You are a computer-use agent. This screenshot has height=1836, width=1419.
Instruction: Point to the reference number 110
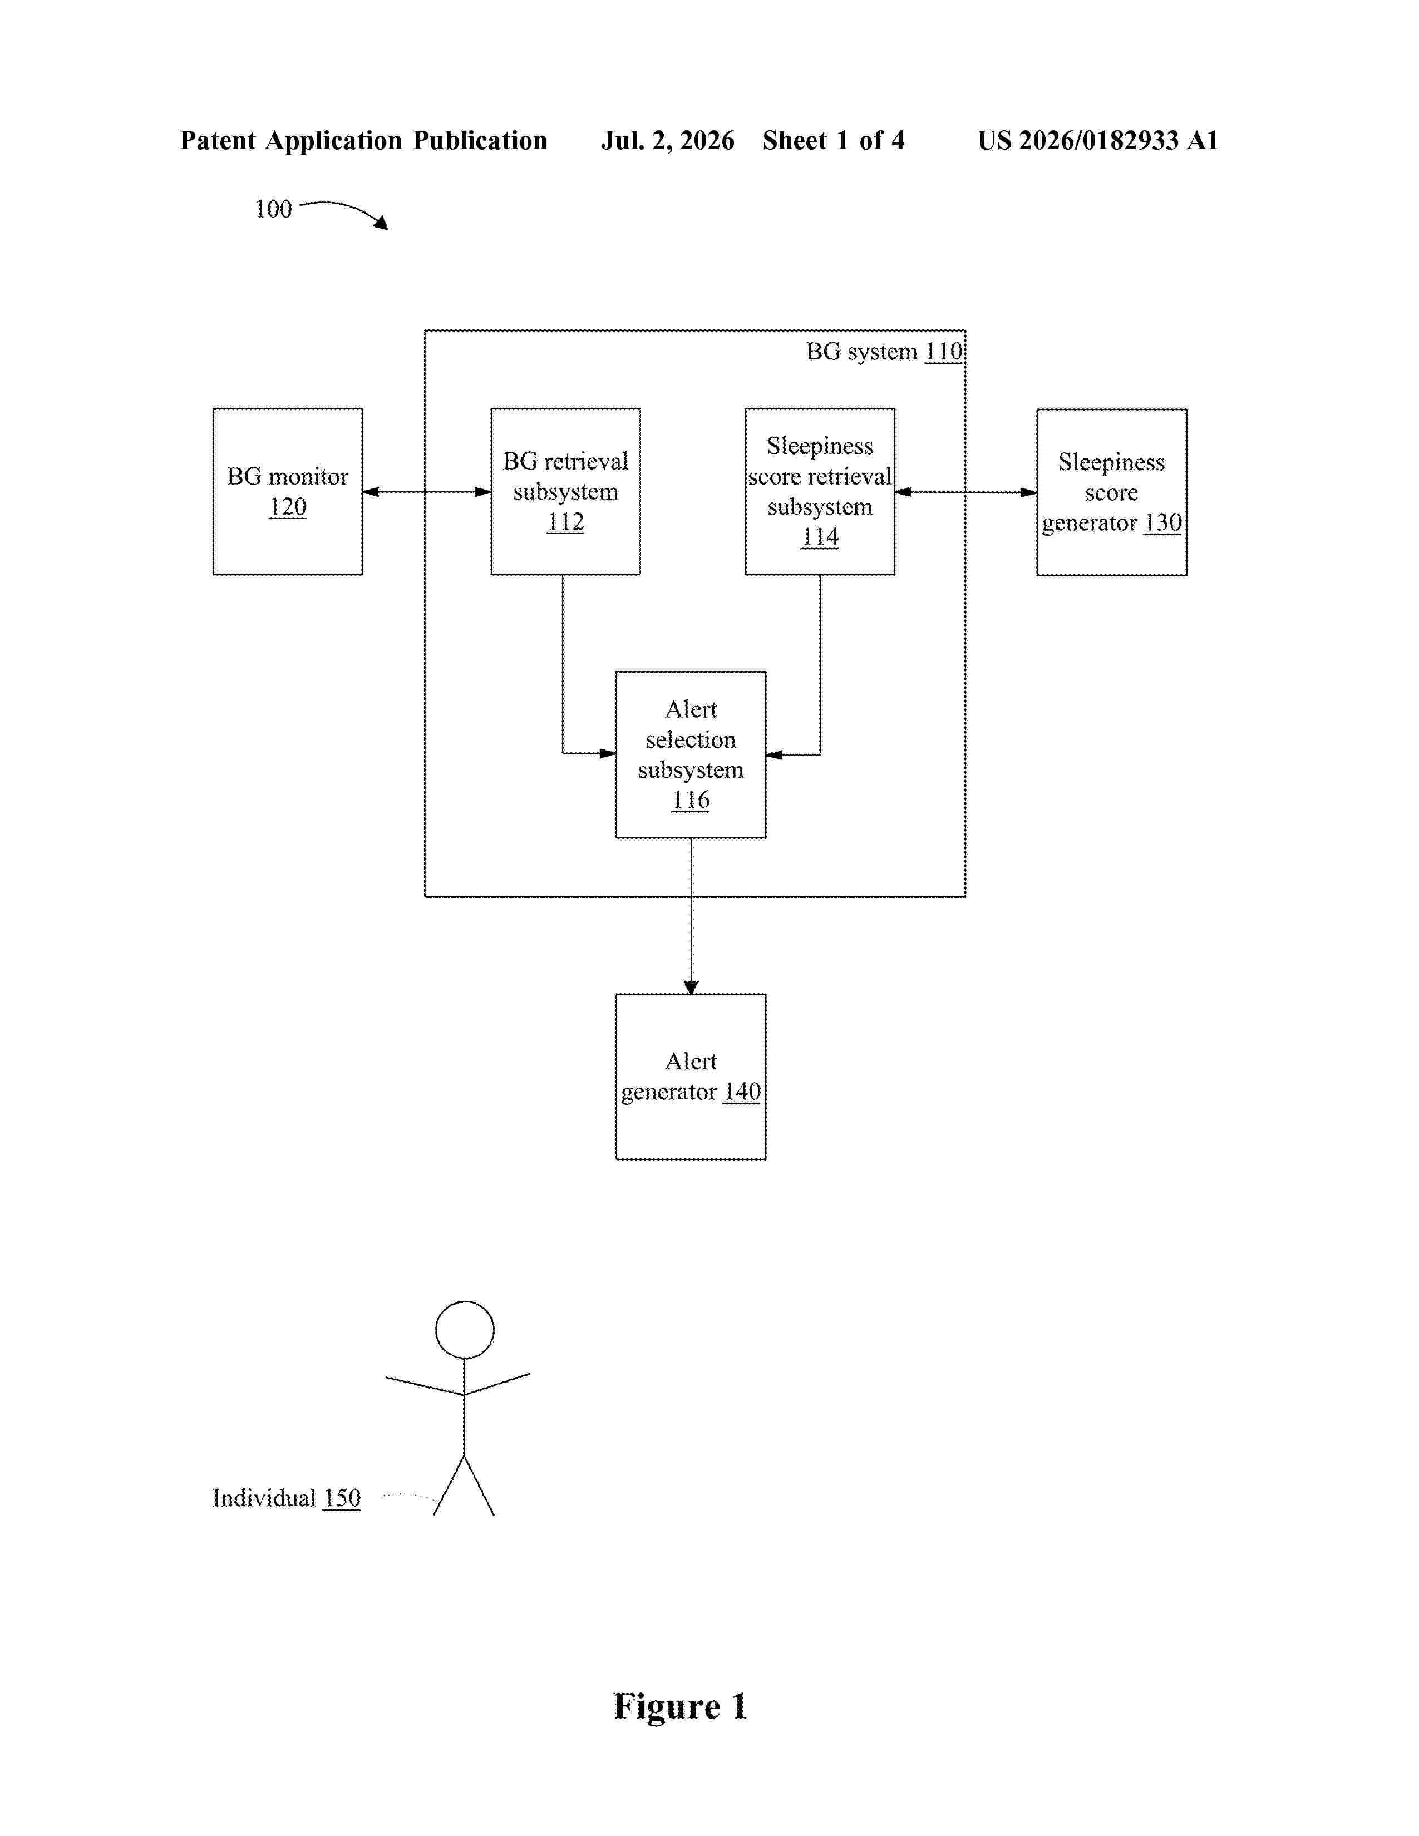coord(944,352)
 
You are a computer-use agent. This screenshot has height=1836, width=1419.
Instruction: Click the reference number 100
coord(273,209)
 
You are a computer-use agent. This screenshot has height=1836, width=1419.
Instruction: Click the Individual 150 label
coord(286,1498)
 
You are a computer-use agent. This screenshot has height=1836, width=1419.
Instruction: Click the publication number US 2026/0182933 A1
coord(1098,140)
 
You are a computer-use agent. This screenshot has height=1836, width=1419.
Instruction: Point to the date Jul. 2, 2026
coord(667,140)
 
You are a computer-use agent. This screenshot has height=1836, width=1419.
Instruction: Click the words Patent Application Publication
coord(363,140)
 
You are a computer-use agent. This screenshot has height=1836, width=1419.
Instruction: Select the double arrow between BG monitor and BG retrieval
coord(427,492)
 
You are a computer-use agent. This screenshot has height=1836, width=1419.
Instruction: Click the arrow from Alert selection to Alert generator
coord(691,916)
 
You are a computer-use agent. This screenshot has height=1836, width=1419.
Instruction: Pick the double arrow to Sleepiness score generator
coord(966,492)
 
